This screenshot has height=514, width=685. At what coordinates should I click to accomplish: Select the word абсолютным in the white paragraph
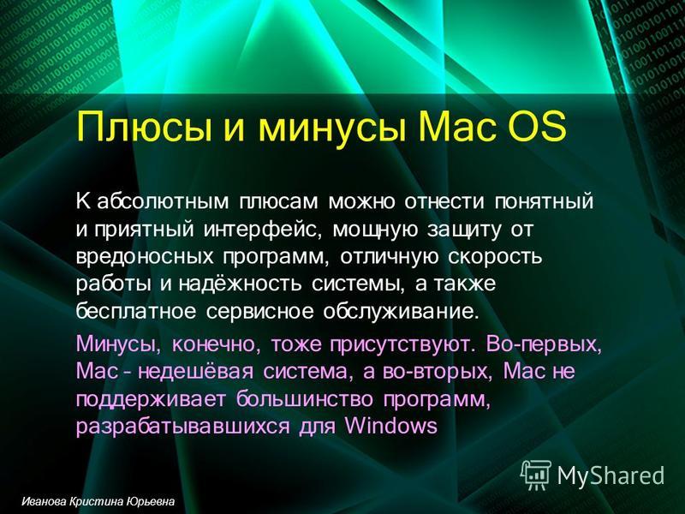(x=163, y=202)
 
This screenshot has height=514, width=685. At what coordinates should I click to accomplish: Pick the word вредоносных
(x=145, y=257)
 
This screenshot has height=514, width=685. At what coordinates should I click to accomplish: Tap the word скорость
(x=495, y=257)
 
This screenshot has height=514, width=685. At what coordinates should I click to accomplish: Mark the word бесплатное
(x=135, y=312)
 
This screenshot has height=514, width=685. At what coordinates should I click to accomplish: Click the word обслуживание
(x=398, y=312)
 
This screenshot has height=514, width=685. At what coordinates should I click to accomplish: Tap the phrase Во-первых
(x=544, y=344)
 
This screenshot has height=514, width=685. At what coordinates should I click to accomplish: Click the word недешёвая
(x=196, y=372)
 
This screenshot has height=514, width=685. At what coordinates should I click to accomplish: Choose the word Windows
(x=391, y=426)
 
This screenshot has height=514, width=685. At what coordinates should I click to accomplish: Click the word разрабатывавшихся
(x=182, y=426)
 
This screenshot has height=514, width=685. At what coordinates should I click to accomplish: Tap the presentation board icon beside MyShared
(x=536, y=475)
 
